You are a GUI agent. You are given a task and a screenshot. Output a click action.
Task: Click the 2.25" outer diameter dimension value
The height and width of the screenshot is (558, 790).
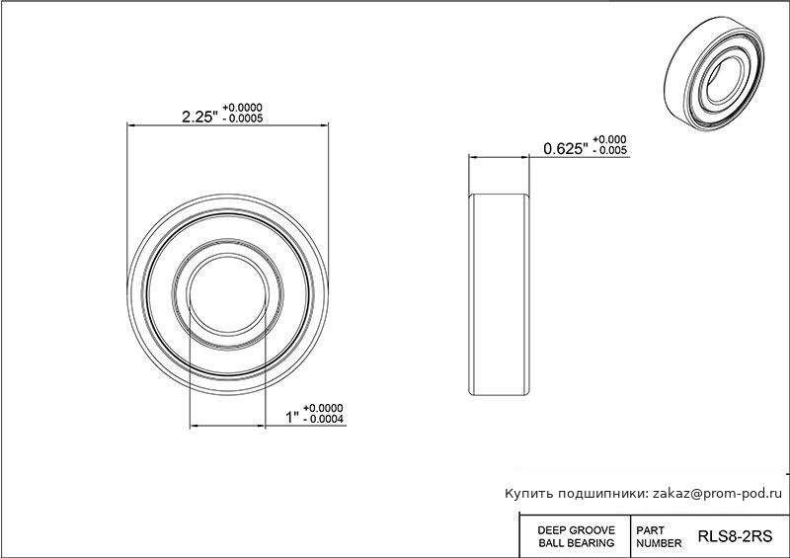pos(200,117)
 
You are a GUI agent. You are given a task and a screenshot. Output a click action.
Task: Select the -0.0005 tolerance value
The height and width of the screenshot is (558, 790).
pos(243,119)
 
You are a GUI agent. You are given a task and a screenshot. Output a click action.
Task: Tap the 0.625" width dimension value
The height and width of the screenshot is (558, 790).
pos(566,149)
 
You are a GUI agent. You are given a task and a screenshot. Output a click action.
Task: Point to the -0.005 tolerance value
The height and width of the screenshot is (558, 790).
pos(610,150)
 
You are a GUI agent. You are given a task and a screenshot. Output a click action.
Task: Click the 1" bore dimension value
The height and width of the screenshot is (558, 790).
pos(292,418)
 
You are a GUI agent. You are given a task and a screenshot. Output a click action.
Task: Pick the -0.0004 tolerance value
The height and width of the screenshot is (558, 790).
pos(324,420)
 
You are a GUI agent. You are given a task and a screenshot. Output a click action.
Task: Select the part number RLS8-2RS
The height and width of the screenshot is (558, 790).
pos(735,536)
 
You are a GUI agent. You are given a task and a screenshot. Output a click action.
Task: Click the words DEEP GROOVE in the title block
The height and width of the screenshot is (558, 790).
pos(577,530)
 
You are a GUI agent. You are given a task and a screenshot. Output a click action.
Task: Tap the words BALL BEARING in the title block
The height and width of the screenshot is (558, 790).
pos(577,543)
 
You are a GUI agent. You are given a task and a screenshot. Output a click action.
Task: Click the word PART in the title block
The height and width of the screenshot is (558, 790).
pos(650,530)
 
